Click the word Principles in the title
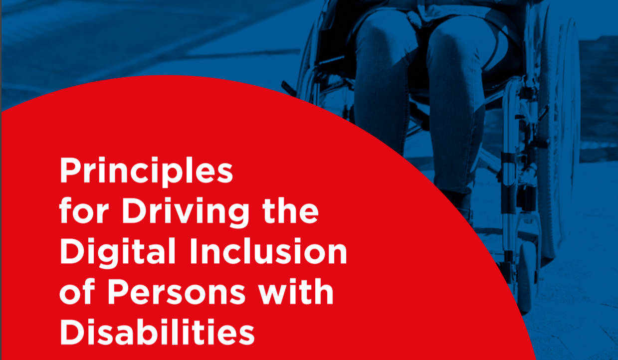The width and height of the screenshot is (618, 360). point(146,171)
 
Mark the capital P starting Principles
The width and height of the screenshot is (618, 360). point(70,171)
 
